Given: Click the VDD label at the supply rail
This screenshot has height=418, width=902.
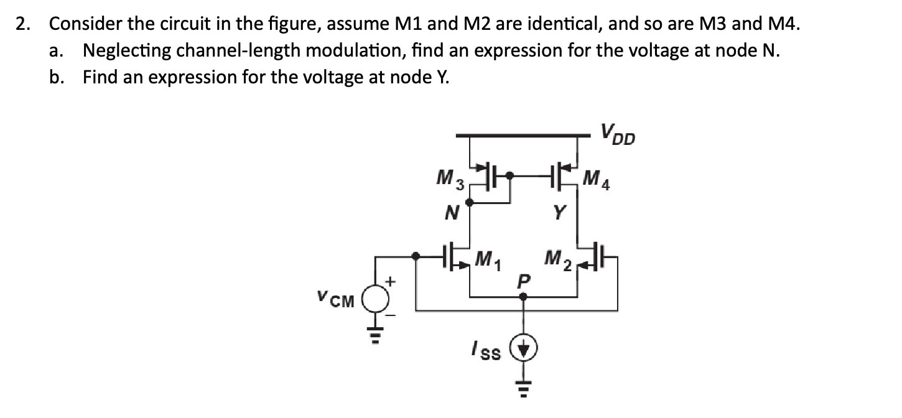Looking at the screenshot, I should coord(617,134).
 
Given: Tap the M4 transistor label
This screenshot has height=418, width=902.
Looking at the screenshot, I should coord(598,182).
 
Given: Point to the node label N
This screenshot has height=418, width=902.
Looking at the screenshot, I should coord(452,215).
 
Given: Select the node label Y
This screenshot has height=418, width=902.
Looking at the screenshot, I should coord(559,215).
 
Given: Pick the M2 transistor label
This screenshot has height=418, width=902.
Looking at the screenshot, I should coord(558,257).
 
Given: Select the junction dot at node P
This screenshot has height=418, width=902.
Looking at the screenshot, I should coord(523,297).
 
